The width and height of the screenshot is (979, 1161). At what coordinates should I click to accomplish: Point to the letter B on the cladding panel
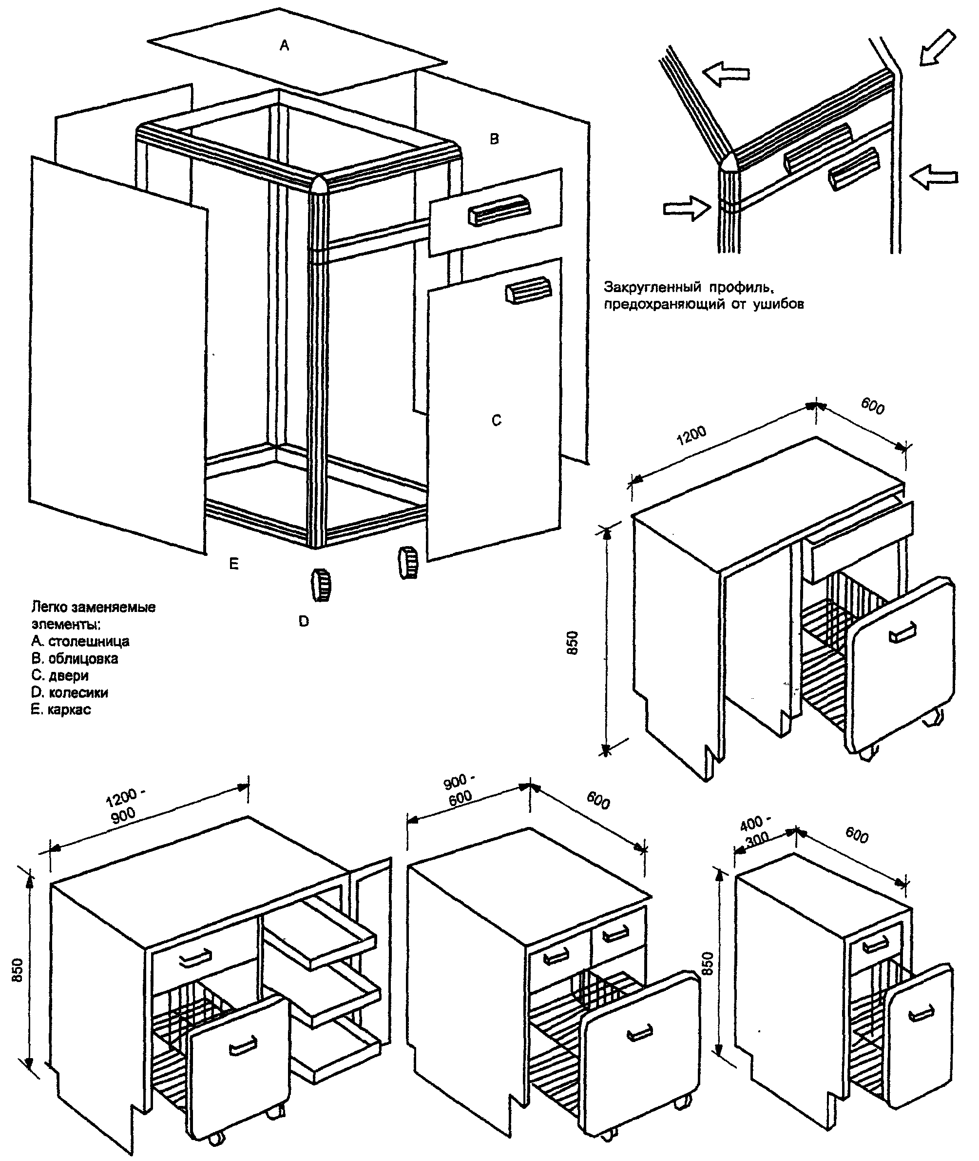[495, 139]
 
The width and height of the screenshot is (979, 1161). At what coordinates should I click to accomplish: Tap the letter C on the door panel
[497, 421]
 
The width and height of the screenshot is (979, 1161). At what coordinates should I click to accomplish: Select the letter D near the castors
[304, 622]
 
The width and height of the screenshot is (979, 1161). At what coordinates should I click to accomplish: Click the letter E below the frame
[233, 564]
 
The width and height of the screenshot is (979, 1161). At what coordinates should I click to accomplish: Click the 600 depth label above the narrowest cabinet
[856, 836]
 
